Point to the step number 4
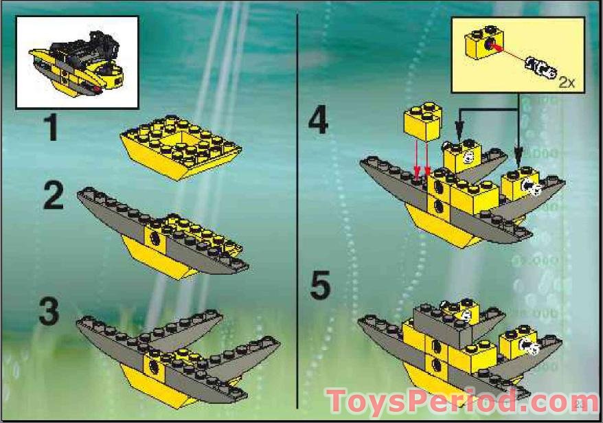(318, 122)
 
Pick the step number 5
(319, 286)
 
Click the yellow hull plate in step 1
(180, 146)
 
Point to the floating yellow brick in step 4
(422, 124)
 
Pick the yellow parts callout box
(519, 56)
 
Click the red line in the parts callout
(508, 54)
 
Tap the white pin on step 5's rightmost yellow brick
(530, 347)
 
